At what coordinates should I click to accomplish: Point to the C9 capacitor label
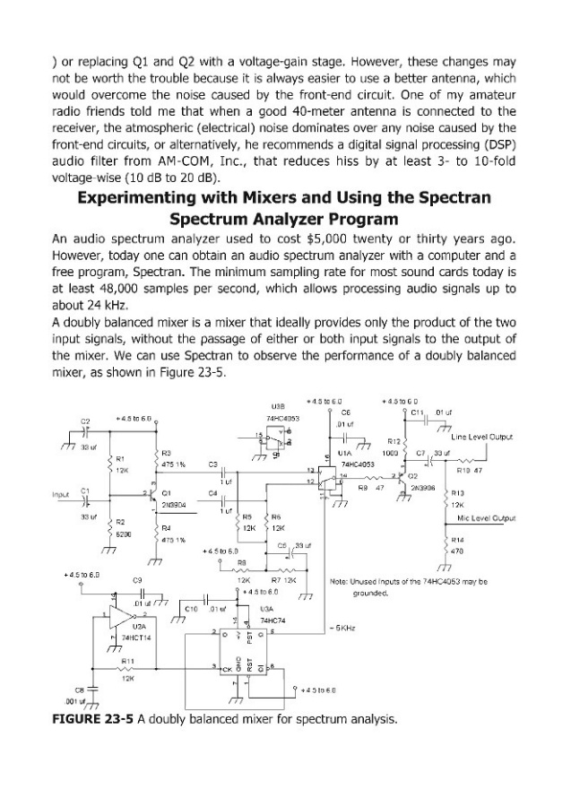[137, 581]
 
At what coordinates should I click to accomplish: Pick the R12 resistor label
[392, 441]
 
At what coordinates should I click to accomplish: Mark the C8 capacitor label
[65, 690]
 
